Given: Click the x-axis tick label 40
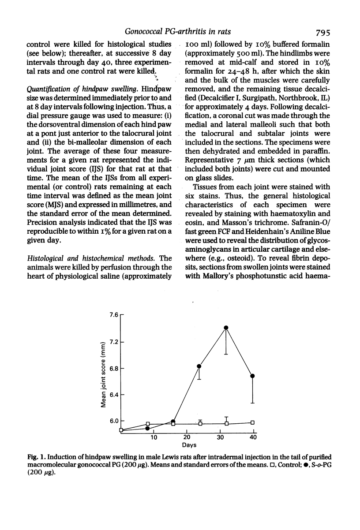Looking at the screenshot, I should [x=253, y=437].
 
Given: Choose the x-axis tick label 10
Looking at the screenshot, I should [x=154, y=437].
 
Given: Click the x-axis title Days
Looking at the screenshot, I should [x=187, y=445].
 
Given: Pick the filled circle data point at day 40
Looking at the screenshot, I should [x=253, y=376].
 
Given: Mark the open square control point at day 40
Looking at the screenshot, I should [x=253, y=422].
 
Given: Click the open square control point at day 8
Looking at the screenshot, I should [x=148, y=424].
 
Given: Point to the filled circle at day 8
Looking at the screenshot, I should [x=148, y=429].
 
